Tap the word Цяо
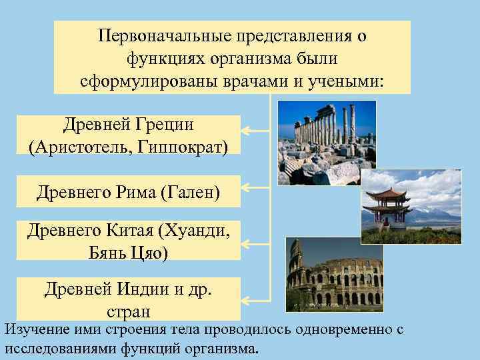coord(153,253)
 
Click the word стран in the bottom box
coord(128,311)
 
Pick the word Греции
coord(165,123)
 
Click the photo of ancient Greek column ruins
coord(326,142)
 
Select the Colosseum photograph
coord(333,275)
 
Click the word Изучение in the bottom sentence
coord(33,329)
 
